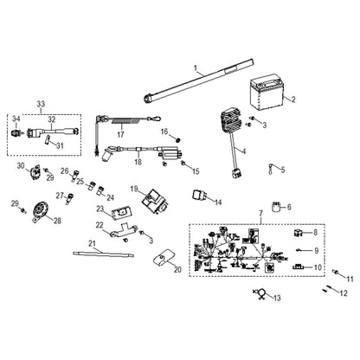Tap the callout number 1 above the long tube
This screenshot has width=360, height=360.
[x=196, y=67]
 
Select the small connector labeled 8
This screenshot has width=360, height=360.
[x=299, y=233]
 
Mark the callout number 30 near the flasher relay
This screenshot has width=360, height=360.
[x=20, y=164]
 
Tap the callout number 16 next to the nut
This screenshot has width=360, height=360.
[x=163, y=132]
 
